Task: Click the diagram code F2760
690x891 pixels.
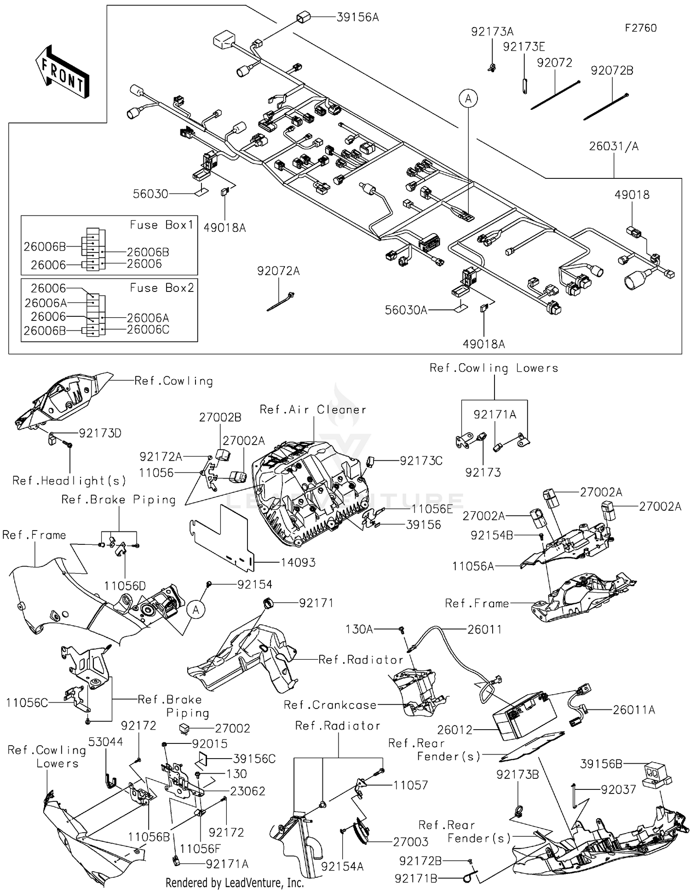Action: click(x=640, y=28)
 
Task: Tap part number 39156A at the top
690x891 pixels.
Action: click(x=357, y=17)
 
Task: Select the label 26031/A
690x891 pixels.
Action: click(x=614, y=146)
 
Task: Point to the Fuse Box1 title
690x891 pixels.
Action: click(x=161, y=225)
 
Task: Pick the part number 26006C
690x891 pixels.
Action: click(x=148, y=330)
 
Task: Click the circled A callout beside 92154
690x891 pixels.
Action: click(x=196, y=610)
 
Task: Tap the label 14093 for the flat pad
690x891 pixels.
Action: click(x=298, y=562)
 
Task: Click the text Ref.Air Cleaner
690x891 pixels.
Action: click(x=313, y=410)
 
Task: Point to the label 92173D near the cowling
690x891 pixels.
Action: click(x=100, y=433)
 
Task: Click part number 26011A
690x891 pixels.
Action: click(x=633, y=710)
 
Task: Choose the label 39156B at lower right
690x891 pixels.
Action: click(x=601, y=764)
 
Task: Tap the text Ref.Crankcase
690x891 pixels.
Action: click(x=330, y=705)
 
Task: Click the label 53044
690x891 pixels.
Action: click(x=106, y=742)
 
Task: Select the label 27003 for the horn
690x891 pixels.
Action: click(x=410, y=842)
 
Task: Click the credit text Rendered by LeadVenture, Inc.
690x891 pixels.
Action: click(x=234, y=883)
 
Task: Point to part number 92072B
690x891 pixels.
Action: click(x=612, y=70)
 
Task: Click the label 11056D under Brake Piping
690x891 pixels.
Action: click(x=125, y=586)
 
